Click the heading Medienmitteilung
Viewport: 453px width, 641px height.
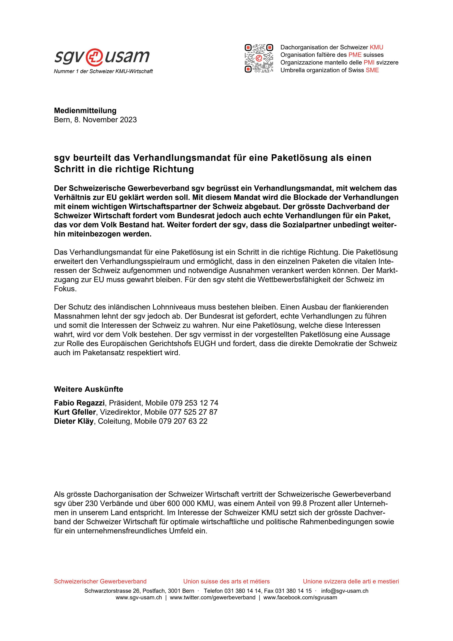85,111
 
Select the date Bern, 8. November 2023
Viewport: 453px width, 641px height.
95,120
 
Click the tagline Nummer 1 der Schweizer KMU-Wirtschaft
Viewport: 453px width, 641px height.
103,71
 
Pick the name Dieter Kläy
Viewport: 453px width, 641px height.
74,421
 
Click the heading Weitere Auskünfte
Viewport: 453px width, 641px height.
88,389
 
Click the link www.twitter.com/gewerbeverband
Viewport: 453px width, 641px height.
212,598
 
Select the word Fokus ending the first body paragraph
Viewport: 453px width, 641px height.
65,289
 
